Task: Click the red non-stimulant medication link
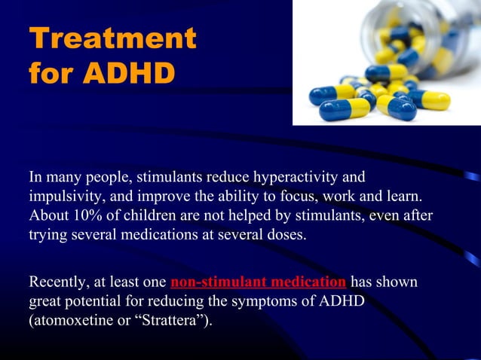point(259,283)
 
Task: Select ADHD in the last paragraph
point(342,303)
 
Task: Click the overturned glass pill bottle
point(422,38)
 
